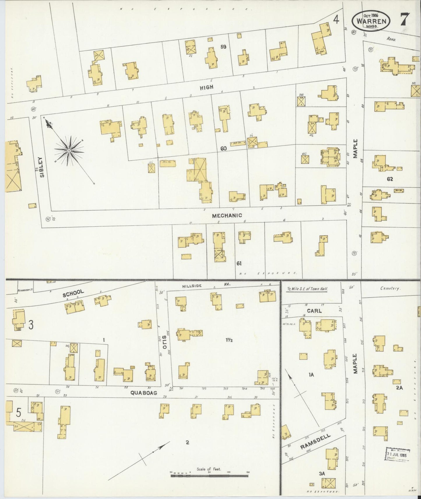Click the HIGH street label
tap(207, 87)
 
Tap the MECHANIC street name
tap(227, 215)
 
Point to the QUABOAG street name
tap(144, 393)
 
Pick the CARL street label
tap(314, 311)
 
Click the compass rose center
tap(69, 151)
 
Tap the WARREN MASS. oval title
tap(371, 21)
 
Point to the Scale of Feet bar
tap(209, 476)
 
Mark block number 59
tap(223, 46)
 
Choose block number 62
tap(390, 179)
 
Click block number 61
tap(239, 263)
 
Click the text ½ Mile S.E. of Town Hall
tap(307, 289)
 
